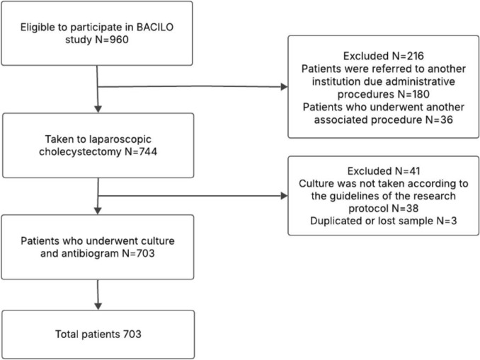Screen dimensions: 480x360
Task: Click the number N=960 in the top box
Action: (x=112, y=40)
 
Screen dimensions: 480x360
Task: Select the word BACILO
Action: (x=155, y=27)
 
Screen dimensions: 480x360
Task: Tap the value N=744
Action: (x=140, y=151)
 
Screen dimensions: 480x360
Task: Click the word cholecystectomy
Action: (x=80, y=152)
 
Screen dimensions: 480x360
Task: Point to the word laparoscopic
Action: (x=120, y=139)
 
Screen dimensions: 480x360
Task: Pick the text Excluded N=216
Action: (x=384, y=56)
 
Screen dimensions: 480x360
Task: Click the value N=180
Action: (x=413, y=94)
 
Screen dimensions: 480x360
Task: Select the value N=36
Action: (x=439, y=120)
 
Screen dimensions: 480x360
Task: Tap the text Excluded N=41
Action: (x=384, y=170)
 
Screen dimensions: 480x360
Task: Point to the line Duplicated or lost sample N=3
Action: (x=383, y=221)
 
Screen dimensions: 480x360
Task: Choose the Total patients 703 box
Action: (x=98, y=335)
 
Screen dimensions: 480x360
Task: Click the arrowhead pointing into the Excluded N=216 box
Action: (x=285, y=87)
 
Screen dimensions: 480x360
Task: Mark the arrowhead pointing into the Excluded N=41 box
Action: (x=285, y=196)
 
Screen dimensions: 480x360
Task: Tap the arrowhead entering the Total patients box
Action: (x=98, y=306)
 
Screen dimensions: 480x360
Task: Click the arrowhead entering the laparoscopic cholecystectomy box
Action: (x=98, y=109)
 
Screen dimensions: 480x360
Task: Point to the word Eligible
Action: (x=38, y=28)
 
